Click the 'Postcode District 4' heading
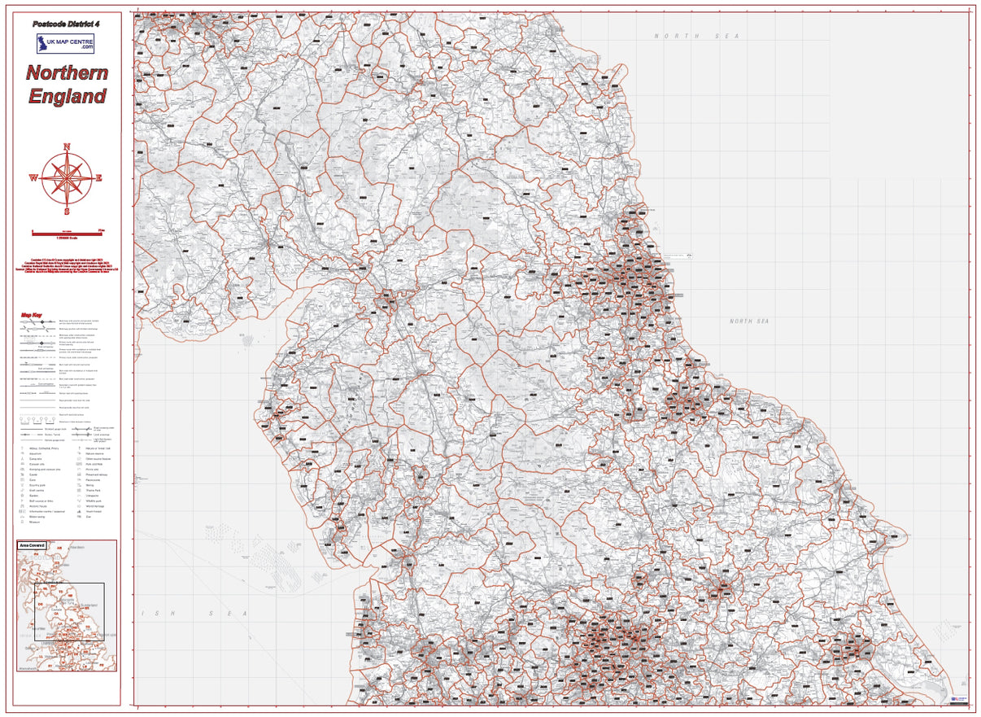point(67,25)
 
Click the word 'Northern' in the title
point(67,72)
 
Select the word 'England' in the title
point(67,96)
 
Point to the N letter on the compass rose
point(67,146)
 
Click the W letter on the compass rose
point(33,177)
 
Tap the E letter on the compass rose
point(99,177)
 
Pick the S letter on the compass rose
point(67,211)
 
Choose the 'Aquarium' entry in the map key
point(36,453)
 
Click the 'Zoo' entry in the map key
point(89,517)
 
